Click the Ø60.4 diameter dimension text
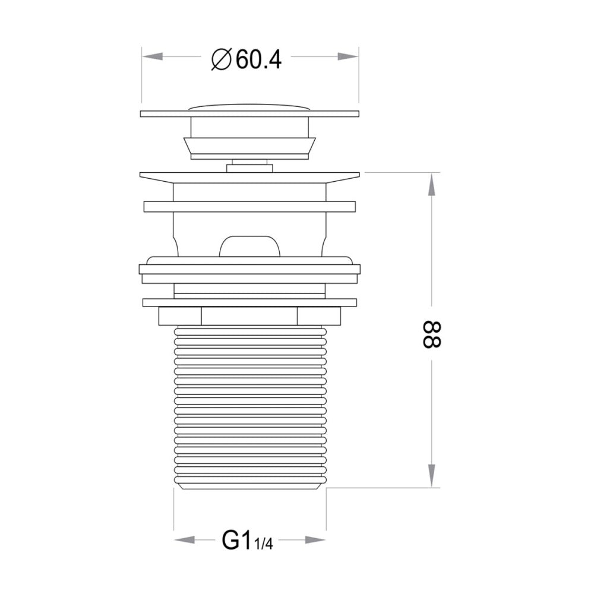[247, 59]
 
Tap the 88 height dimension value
[432, 334]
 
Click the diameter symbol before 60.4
[221, 59]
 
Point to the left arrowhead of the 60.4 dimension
[153, 56]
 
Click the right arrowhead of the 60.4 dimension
[347, 56]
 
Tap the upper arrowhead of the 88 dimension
[431, 184]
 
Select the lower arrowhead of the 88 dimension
[431, 476]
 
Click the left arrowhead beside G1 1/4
[185, 540]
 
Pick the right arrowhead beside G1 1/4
[315, 540]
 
